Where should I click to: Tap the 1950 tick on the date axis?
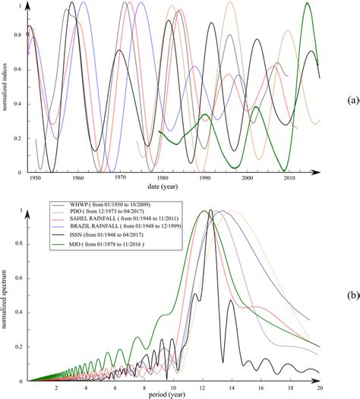point(35,180)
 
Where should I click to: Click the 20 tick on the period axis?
point(319,386)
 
